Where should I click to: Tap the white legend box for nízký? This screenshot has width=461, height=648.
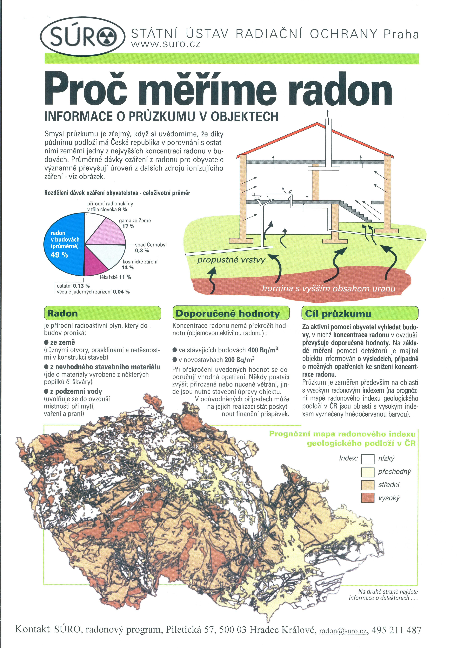pos(368,459)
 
